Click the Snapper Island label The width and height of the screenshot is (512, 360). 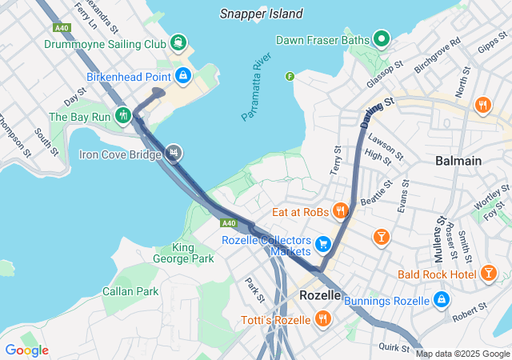tap(262, 14)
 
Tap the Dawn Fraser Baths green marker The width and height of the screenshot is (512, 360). tap(382, 38)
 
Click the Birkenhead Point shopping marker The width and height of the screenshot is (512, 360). tap(183, 76)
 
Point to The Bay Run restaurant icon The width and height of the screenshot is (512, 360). tap(122, 115)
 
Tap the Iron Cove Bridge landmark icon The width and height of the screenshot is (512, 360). tap(174, 153)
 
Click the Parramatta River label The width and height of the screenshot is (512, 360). tap(257, 87)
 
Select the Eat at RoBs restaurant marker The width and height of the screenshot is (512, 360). tap(341, 211)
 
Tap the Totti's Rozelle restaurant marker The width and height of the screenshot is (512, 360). tap(323, 319)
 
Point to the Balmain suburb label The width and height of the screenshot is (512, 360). tap(458, 161)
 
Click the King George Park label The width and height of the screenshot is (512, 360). tap(183, 253)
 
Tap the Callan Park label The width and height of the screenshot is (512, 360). tap(130, 291)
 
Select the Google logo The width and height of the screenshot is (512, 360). tap(26, 350)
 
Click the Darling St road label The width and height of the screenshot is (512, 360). tap(378, 113)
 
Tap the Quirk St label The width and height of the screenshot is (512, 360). tap(394, 346)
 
